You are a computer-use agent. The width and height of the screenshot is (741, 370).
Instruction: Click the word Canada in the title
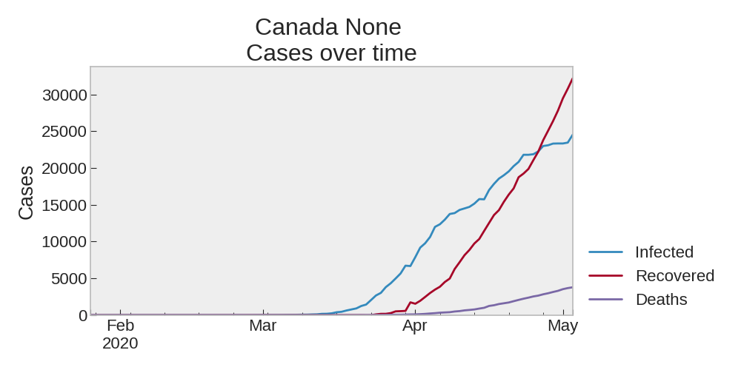297,27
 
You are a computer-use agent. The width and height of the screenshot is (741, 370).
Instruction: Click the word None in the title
373,27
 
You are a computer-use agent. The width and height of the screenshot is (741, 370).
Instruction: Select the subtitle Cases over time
331,53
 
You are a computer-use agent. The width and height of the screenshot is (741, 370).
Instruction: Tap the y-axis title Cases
27,192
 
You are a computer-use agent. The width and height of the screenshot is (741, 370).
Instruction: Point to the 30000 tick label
64,95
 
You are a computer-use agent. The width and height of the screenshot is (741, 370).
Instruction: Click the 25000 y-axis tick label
64,132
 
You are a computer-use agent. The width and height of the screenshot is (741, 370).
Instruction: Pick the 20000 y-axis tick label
64,169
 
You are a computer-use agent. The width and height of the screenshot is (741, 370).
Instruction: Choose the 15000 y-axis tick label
64,205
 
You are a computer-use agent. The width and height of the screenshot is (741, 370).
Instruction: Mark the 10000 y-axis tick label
64,242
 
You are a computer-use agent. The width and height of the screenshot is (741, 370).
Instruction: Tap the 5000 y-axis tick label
70,278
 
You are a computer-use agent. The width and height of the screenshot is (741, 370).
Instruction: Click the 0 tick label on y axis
83,315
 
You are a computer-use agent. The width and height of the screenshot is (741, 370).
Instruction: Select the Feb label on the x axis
121,326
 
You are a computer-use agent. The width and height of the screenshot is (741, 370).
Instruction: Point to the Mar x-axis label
263,326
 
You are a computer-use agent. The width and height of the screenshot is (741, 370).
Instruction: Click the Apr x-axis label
415,326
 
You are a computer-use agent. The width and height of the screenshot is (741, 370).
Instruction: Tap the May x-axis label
563,326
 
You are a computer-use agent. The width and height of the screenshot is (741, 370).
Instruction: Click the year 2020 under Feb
120,343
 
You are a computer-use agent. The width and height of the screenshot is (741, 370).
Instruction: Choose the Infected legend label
665,252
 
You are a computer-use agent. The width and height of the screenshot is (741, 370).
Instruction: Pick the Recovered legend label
675,275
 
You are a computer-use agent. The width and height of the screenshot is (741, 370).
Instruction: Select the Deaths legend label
662,299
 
